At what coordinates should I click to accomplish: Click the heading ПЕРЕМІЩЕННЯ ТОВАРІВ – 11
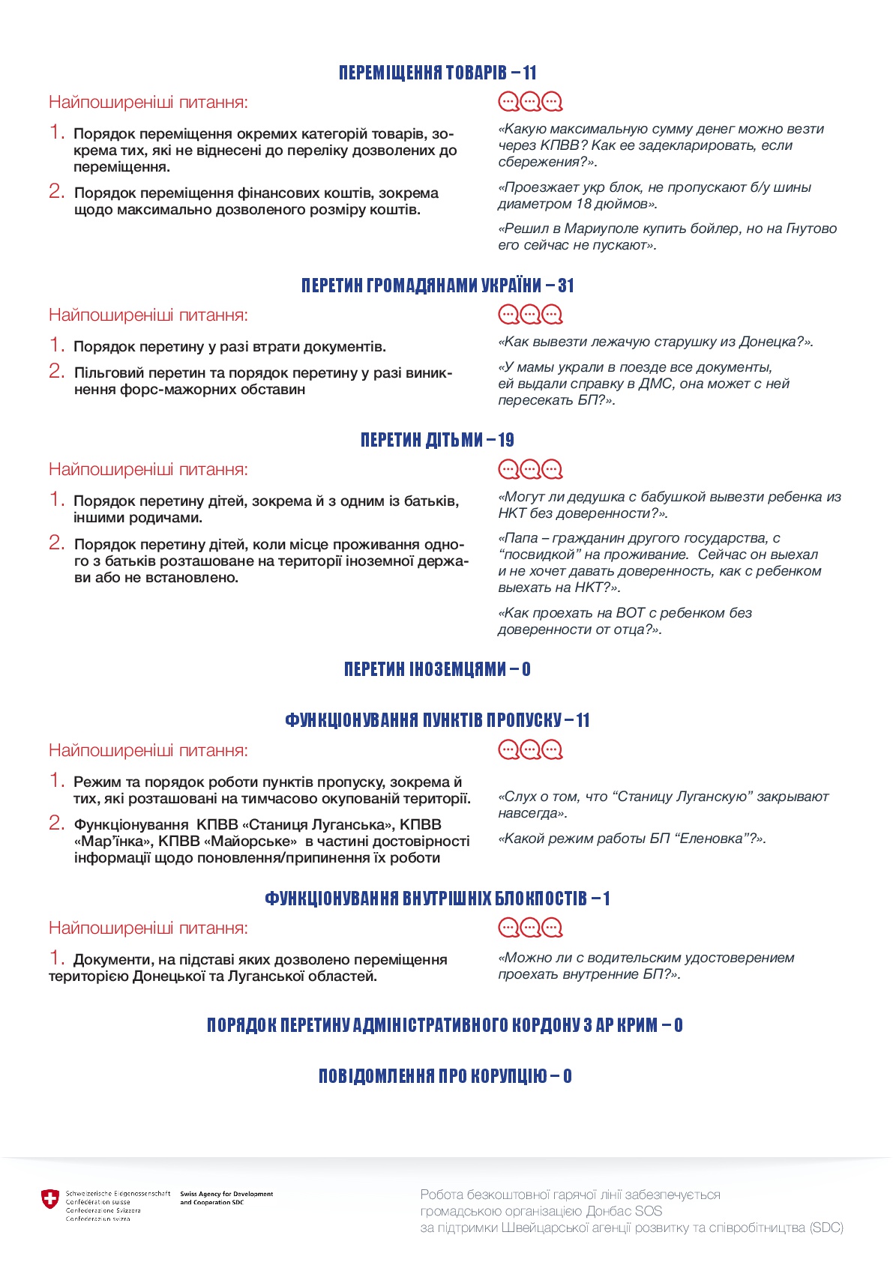click(437, 73)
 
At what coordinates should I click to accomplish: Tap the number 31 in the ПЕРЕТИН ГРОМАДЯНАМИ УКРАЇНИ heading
click(566, 286)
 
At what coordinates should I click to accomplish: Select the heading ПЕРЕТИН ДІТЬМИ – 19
click(437, 440)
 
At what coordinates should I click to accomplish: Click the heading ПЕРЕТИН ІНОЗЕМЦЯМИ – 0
click(437, 669)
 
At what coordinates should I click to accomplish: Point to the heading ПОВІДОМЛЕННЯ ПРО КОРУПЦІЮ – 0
click(445, 1076)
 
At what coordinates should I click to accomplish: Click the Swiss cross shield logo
click(50, 1199)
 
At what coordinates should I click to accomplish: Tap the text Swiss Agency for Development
click(226, 1194)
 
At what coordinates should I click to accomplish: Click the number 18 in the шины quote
click(584, 204)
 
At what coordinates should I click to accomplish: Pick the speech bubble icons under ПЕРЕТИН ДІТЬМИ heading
click(530, 470)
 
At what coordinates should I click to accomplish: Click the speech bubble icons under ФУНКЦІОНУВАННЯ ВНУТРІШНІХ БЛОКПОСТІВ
click(530, 929)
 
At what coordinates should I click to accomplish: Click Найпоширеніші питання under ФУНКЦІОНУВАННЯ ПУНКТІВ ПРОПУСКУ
click(148, 751)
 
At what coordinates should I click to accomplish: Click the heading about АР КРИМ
click(445, 1025)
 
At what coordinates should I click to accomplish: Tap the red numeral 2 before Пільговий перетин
click(57, 371)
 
